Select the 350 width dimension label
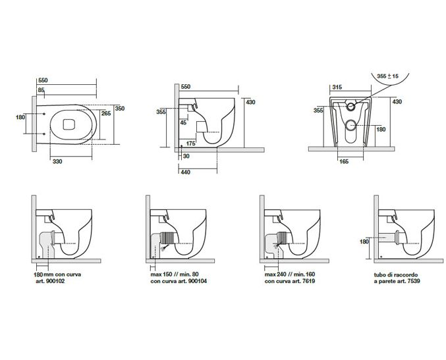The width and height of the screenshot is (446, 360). [x=120, y=108]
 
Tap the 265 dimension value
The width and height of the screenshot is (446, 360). [x=106, y=113]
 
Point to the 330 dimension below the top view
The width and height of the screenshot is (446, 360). [x=58, y=161]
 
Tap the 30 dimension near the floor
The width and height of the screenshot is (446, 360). [x=186, y=156]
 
